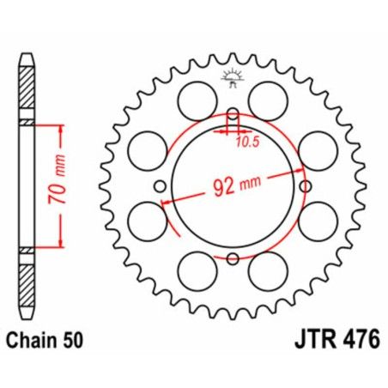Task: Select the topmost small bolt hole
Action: click(233, 112)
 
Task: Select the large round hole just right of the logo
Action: click(268, 94)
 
